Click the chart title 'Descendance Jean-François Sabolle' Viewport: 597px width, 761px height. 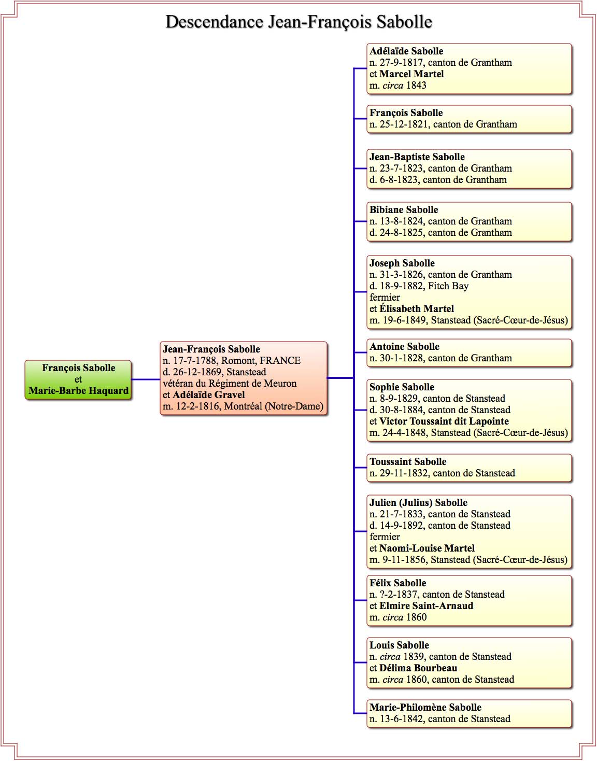tap(298, 22)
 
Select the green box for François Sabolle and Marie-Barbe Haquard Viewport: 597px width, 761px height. tap(78, 379)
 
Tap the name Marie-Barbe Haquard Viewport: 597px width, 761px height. tap(78, 390)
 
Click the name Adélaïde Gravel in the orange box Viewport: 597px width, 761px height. tap(208, 394)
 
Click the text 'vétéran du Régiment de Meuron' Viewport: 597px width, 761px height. tap(230, 383)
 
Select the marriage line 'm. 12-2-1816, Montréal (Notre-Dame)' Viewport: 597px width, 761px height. tap(243, 406)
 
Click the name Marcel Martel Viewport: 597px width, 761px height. tap(411, 74)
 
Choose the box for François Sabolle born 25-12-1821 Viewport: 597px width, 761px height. tap(469, 119)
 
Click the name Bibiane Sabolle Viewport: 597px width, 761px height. tap(404, 210)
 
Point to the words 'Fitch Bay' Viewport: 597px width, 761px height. tap(448, 286)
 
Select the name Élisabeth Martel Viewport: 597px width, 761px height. tap(417, 308)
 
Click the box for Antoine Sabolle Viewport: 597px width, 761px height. tap(469, 353)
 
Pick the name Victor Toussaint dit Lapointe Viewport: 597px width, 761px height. tap(444, 421)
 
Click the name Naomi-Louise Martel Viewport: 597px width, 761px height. tap(427, 548)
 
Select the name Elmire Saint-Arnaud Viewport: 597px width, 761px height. tap(426, 605)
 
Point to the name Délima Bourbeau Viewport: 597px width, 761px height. tap(418, 668)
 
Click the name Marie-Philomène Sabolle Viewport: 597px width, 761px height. tap(425, 707)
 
